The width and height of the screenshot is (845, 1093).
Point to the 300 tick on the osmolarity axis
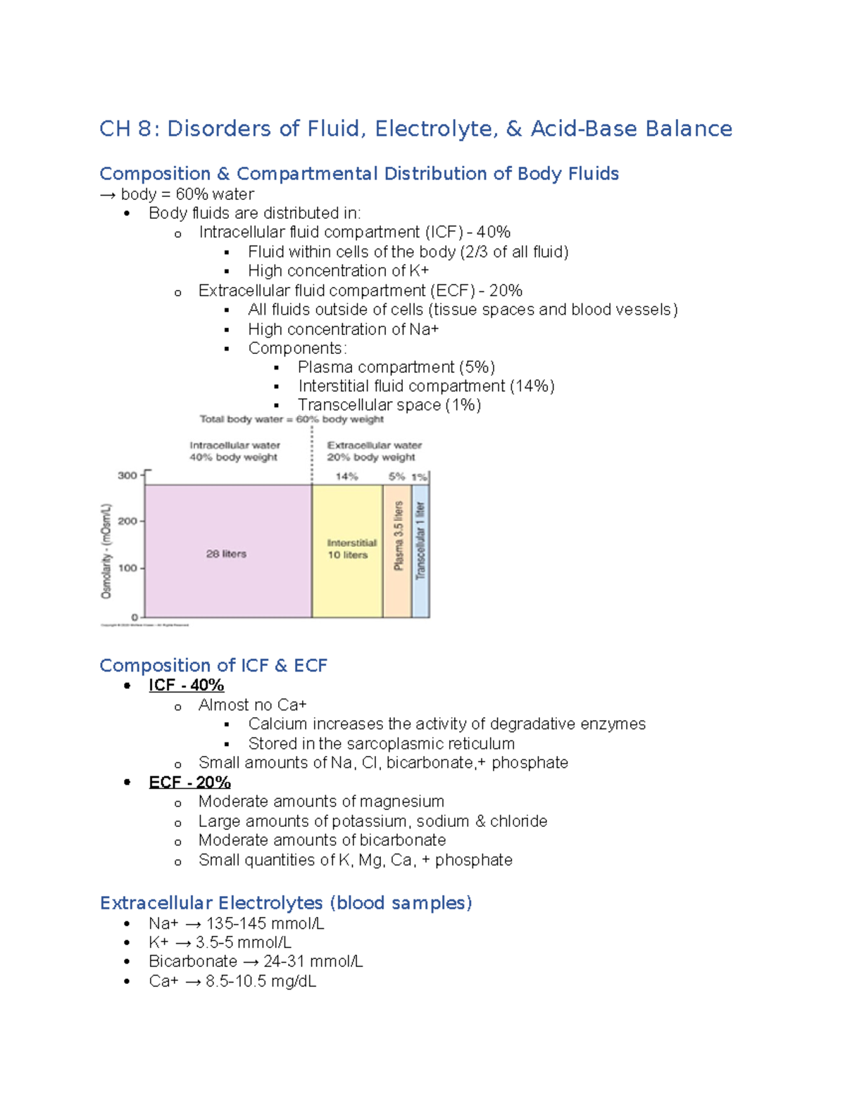[x=127, y=476]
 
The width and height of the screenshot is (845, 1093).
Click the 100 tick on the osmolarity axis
[x=127, y=568]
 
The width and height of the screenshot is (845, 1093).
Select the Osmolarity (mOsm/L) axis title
[x=106, y=551]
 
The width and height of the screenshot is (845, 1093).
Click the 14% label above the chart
[x=346, y=476]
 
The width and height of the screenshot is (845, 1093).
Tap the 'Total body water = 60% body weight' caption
[x=292, y=419]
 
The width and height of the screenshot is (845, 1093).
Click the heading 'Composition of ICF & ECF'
[x=213, y=665]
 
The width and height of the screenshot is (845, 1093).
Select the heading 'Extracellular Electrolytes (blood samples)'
[x=286, y=903]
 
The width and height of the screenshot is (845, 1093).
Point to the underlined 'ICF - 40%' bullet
[x=186, y=686]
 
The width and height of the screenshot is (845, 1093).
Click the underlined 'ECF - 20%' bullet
[x=189, y=783]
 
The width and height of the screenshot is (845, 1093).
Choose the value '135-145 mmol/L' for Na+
[x=265, y=923]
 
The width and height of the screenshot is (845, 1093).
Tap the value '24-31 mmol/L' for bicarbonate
[x=313, y=961]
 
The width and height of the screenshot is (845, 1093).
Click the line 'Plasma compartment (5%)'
[x=396, y=367]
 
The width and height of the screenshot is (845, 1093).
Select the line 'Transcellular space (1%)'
[x=389, y=405]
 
